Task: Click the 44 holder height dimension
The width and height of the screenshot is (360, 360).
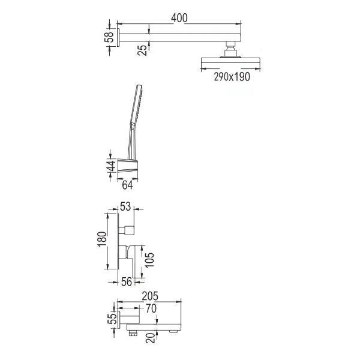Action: pyautogui.click(x=111, y=166)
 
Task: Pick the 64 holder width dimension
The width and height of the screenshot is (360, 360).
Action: pyautogui.click(x=127, y=185)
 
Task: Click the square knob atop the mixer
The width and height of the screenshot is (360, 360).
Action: pyautogui.click(x=129, y=229)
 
